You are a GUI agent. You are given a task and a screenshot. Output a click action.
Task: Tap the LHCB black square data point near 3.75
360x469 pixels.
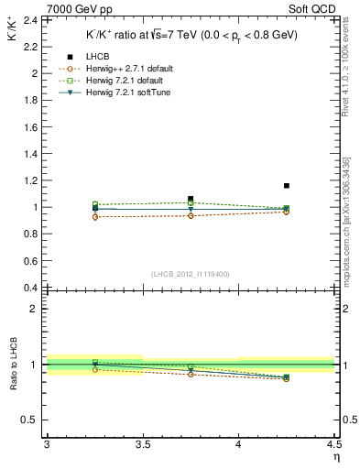tap(191, 199)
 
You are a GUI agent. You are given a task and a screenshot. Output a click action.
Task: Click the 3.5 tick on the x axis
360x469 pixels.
tap(143, 443)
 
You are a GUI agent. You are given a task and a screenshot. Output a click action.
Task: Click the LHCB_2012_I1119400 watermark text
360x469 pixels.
tap(191, 274)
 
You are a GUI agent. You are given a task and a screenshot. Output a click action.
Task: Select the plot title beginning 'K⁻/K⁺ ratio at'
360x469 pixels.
tap(191, 36)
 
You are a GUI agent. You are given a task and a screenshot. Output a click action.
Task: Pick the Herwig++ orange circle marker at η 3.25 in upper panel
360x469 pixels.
tap(95, 217)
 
